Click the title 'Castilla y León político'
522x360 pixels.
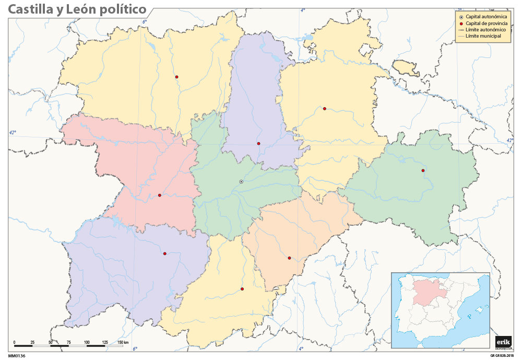click(x=77, y=10)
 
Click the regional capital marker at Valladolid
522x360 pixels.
click(x=241, y=181)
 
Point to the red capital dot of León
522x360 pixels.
click(x=177, y=77)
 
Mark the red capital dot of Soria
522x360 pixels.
click(x=423, y=170)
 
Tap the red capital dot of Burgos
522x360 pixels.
click(x=324, y=109)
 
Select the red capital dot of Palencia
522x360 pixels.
click(x=258, y=143)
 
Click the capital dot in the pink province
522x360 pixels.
click(x=159, y=195)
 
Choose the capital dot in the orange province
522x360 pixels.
click(x=289, y=258)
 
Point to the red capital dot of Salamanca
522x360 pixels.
click(x=164, y=254)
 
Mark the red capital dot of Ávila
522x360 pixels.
click(x=242, y=289)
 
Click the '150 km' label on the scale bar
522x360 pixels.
click(x=123, y=342)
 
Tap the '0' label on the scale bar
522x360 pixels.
click(x=14, y=342)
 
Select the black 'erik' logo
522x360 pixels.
click(x=503, y=341)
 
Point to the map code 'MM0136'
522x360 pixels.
click(x=17, y=355)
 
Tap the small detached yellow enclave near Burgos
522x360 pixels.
click(x=406, y=67)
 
